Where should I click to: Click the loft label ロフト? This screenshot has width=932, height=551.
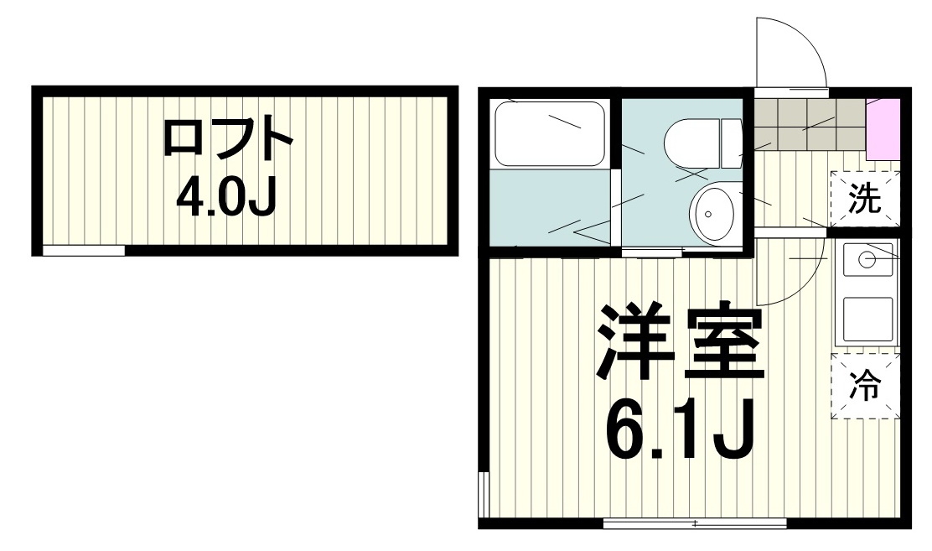pos(226,140)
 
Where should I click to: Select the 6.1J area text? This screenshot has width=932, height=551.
pos(681,429)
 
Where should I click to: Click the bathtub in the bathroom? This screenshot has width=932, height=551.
pos(549,133)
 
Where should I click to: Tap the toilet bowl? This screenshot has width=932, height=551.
pos(691,142)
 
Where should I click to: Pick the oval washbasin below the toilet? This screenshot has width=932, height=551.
pos(712,213)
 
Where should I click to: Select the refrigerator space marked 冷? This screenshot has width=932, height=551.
pos(865,387)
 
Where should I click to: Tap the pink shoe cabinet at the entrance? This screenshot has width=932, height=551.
pos(883,128)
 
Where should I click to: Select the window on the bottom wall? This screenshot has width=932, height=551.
pos(695,523)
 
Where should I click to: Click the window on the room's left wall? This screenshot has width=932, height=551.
pos(484,496)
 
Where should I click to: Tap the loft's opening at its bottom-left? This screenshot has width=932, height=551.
pos(83,250)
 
